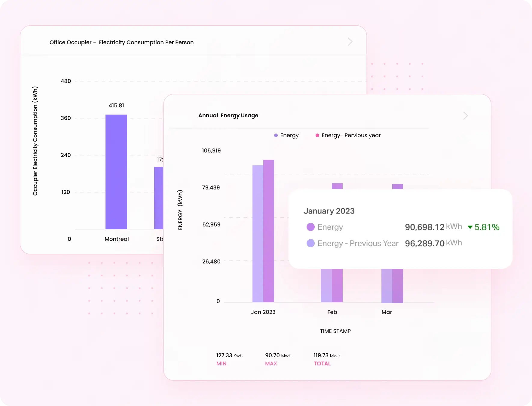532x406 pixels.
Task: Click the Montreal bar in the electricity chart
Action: point(116,172)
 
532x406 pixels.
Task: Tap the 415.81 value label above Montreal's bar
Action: point(116,106)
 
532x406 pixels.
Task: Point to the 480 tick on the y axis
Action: point(66,81)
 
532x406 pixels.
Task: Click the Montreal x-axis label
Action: point(117,239)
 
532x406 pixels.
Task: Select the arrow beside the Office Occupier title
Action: point(350,42)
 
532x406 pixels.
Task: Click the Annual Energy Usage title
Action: point(228,115)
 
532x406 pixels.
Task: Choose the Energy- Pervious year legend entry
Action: point(350,135)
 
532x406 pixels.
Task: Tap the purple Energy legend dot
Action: point(276,135)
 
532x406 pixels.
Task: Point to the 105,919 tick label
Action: point(211,151)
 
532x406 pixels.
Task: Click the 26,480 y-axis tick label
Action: point(211,262)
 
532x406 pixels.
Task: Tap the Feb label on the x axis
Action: point(332,312)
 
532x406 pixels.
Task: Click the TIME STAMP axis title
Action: point(335,331)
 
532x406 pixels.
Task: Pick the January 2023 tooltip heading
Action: point(329,211)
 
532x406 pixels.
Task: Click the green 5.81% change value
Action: point(487,227)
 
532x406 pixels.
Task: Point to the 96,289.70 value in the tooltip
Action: point(424,243)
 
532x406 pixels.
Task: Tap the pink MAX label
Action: point(271,364)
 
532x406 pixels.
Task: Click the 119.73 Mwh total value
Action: point(327,355)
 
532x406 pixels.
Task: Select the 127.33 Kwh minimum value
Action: point(229,355)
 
